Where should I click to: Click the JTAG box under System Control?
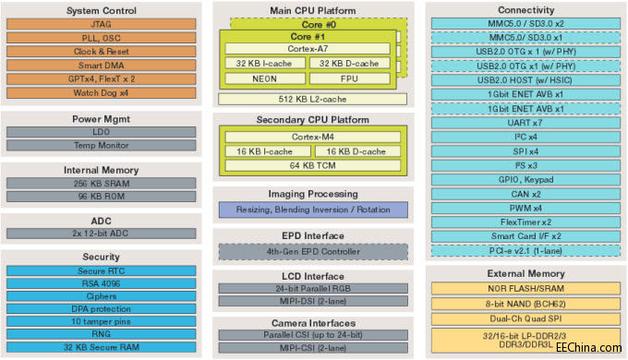point(103,27)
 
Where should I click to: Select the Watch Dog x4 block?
point(103,91)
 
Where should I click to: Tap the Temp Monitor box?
point(103,145)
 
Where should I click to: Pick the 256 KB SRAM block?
point(103,183)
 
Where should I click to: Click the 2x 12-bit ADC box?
point(103,234)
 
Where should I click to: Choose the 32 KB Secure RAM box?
point(103,348)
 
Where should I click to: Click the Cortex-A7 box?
point(310,48)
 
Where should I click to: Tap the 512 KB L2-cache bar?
point(310,98)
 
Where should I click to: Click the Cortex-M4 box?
point(310,136)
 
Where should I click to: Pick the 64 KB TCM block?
point(310,165)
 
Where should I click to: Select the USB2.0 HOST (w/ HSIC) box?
point(525,80)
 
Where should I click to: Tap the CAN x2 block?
point(525,194)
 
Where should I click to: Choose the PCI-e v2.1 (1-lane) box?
point(525,250)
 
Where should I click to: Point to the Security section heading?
point(103,258)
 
